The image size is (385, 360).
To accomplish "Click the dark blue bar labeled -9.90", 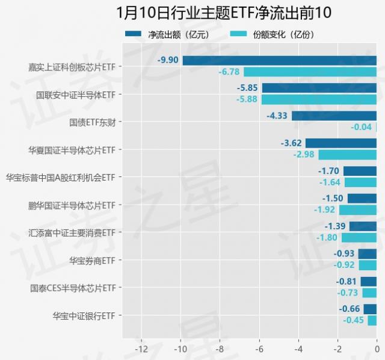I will [279, 60].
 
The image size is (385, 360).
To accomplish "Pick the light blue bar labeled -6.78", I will [310, 72].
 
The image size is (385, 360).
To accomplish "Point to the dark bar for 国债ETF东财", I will [334, 116].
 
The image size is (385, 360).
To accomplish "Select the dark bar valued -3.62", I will [340, 143].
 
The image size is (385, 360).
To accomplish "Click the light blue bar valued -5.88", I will [319, 99].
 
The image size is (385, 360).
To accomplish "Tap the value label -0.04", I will [361, 127].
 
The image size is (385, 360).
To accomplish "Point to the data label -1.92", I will [325, 210].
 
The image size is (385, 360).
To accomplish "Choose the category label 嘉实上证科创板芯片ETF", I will [72, 66].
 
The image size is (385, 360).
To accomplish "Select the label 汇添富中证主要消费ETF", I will [72, 232].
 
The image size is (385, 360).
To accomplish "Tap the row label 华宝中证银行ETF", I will [84, 315].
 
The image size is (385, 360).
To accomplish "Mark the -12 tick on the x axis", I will [141, 348].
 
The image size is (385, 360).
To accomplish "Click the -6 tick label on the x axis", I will [259, 348].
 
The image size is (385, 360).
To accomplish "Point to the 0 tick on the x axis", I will [377, 348].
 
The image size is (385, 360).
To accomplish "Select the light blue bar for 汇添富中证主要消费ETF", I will [359, 238].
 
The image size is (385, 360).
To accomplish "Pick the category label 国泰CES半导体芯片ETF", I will [73, 288].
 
